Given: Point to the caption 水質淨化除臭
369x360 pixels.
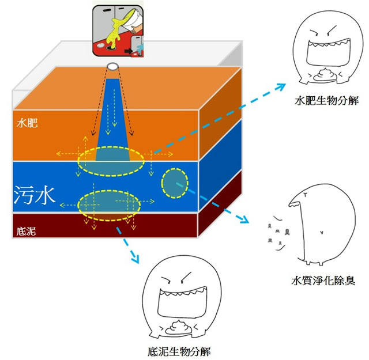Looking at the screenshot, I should (x=322, y=282).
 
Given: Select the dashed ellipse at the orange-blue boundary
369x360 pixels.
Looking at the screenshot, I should (x=111, y=161).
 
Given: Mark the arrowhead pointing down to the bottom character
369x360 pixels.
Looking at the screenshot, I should (x=135, y=260).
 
